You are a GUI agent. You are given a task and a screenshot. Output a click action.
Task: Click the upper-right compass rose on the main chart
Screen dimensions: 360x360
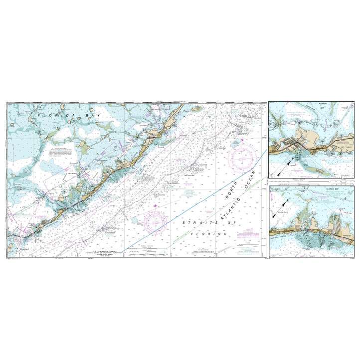(x=242, y=159)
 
